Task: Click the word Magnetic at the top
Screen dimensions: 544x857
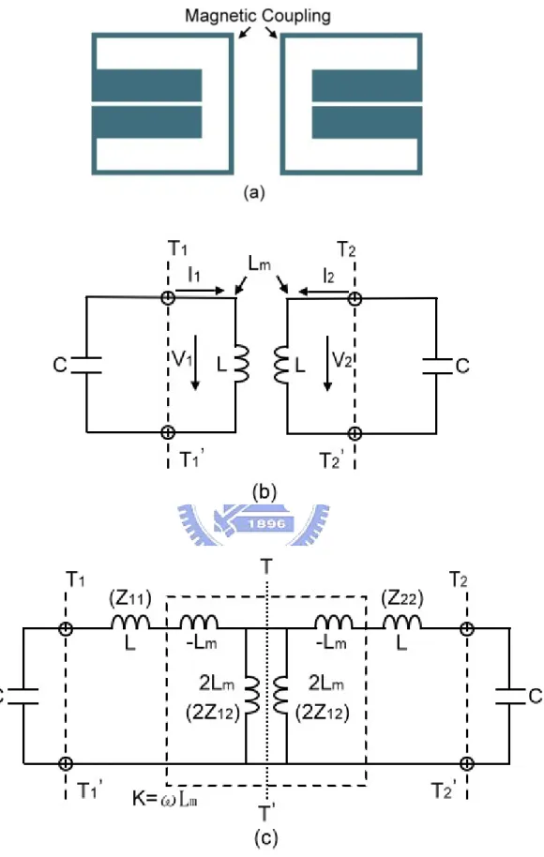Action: [x=219, y=15]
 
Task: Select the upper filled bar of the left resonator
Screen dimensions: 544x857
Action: [x=147, y=84]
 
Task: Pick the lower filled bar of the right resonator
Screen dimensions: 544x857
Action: [x=367, y=123]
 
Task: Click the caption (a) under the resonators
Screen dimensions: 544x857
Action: [x=254, y=192]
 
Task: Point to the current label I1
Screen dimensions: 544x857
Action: [x=194, y=275]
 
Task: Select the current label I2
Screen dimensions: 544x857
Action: [x=328, y=276]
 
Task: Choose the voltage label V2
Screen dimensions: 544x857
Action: [x=341, y=360]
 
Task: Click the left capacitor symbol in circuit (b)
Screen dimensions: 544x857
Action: [x=86, y=365]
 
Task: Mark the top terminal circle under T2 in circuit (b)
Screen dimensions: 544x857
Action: [x=355, y=298]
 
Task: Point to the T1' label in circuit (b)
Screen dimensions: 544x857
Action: [x=191, y=459]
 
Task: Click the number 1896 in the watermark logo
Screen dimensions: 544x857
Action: [x=266, y=523]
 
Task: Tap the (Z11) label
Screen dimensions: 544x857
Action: [x=130, y=599]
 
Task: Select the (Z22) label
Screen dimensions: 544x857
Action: [x=402, y=599]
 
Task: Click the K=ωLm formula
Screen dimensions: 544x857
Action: [x=164, y=799]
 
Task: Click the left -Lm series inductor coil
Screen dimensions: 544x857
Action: [x=199, y=622]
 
